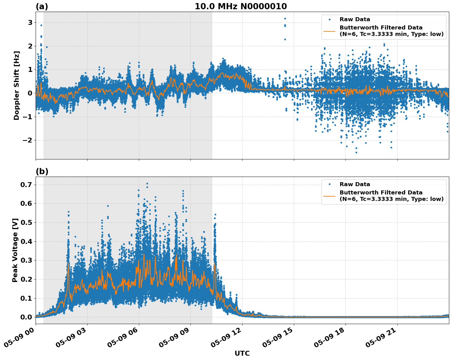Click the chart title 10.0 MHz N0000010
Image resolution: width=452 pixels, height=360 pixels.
[241, 6]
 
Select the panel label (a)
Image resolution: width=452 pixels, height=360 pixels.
[42, 6]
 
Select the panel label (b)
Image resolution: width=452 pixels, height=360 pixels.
[42, 171]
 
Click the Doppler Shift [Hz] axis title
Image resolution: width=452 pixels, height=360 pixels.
[17, 85]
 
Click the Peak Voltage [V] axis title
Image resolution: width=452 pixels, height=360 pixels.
[15, 250]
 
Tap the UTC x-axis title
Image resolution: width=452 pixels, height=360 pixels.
[242, 353]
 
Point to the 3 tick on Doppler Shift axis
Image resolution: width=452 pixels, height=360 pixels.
[30, 23]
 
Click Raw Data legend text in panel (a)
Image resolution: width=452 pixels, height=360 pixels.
[355, 19]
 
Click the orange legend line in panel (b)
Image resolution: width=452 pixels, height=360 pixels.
[329, 196]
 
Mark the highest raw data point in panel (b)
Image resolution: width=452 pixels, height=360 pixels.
[147, 184]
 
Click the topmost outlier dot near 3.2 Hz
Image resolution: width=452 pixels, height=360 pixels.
[285, 18]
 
